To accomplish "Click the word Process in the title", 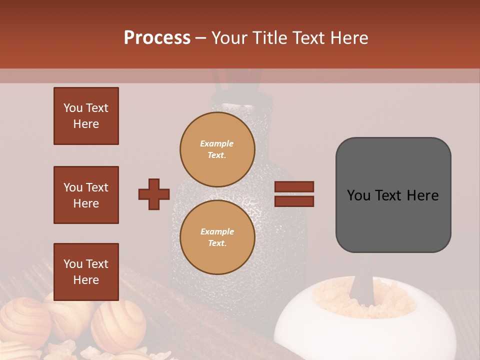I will pos(157,38).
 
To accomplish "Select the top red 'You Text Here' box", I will pos(86,116).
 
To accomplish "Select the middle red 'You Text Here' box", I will pos(86,195).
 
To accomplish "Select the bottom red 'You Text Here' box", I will pos(86,272).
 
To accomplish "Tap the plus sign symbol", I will pos(154,194).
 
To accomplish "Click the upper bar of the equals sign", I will pos(294,186).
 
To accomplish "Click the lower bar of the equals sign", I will pos(294,201).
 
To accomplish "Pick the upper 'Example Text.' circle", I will pos(217,149).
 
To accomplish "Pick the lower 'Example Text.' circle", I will pos(217,237).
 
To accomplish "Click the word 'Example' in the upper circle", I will pos(216,143).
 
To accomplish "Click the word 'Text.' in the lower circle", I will pos(216,243).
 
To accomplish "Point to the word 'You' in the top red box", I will pos(73,108).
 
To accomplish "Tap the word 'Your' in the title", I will pos(229,38).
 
